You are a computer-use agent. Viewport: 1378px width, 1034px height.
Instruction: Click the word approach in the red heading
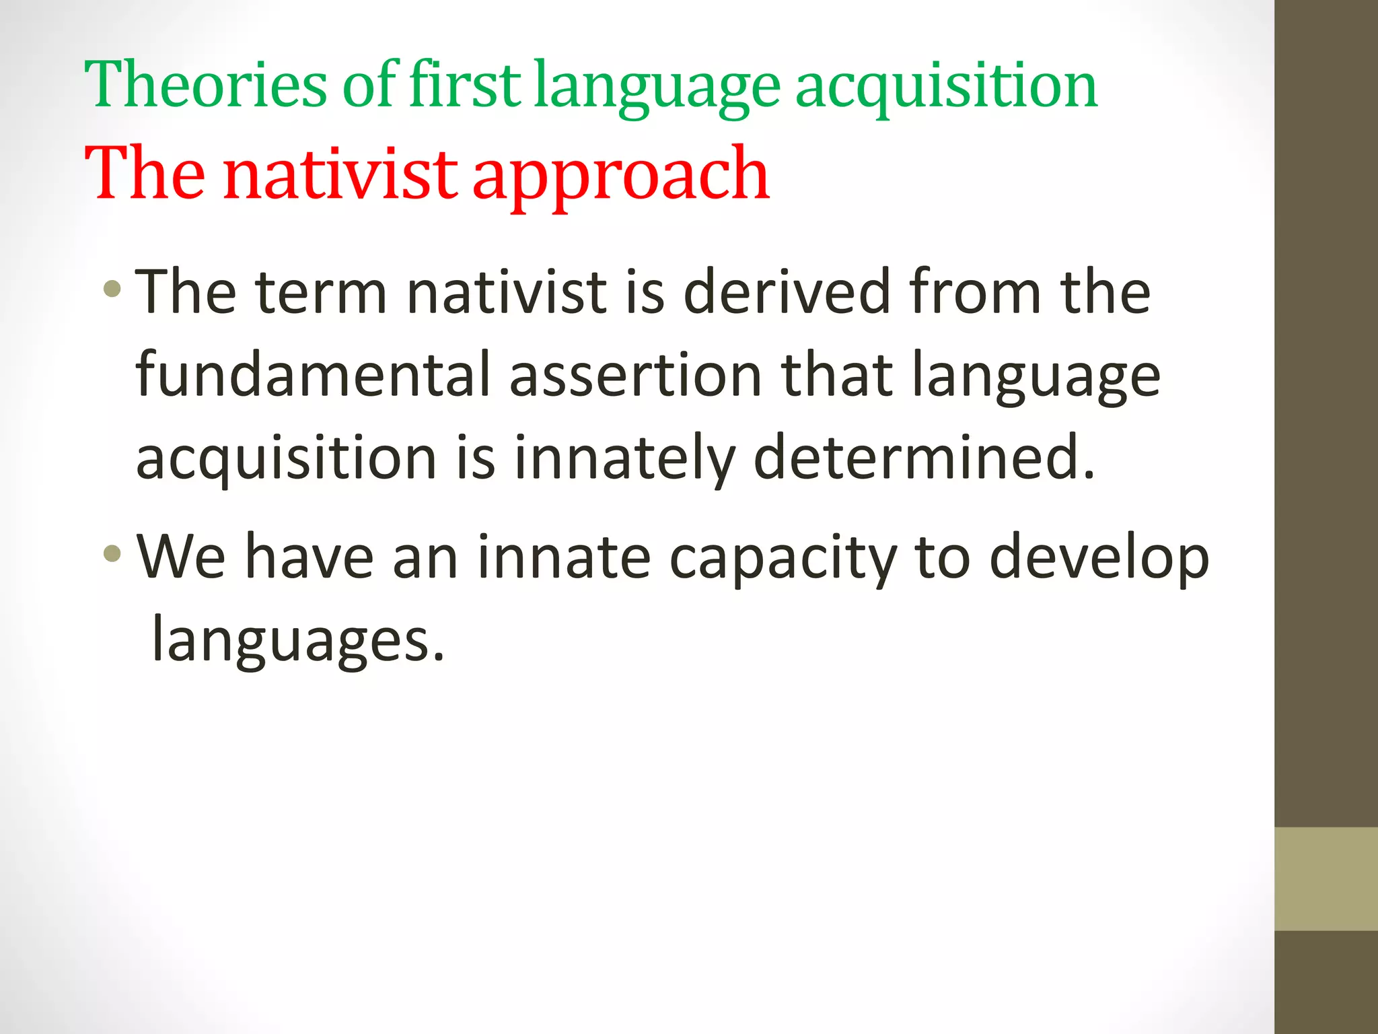tap(620, 176)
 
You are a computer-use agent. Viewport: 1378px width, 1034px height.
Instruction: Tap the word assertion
tap(635, 376)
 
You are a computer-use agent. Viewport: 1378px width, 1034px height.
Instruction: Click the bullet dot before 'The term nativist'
tap(112, 290)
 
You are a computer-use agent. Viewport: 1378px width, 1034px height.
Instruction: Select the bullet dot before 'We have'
tap(112, 554)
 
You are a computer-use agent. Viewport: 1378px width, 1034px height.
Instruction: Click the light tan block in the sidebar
tap(1326, 878)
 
